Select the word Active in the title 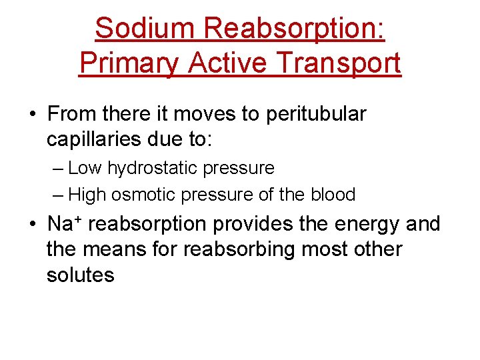click(227, 63)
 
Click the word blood click(333, 195)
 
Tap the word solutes click(81, 274)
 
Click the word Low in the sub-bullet click(83, 168)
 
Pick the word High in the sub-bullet click(86, 195)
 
